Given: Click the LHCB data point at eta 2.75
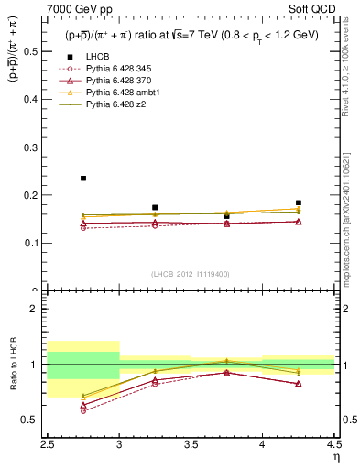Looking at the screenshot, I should pyautogui.click(x=83, y=179).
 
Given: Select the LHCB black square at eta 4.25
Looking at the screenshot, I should pyautogui.click(x=299, y=202).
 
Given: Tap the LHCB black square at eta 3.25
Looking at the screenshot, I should pyautogui.click(x=155, y=208).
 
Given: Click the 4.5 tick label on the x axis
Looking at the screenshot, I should pyautogui.click(x=334, y=445).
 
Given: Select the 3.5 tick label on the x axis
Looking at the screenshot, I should pyautogui.click(x=191, y=445).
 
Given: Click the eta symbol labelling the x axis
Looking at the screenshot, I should pyautogui.click(x=335, y=457).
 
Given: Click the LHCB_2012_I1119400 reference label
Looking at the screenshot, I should pyautogui.click(x=190, y=273).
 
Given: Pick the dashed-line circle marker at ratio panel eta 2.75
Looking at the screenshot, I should pyautogui.click(x=83, y=410).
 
